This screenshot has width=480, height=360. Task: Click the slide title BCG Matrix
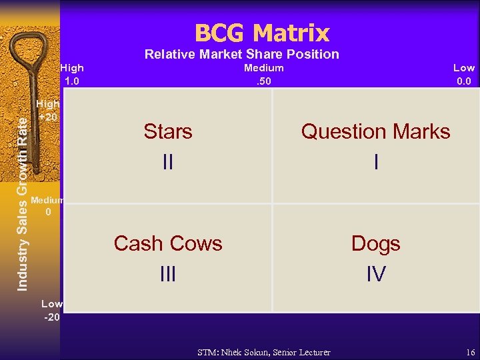[x=262, y=33]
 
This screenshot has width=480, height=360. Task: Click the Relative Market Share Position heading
[x=241, y=54]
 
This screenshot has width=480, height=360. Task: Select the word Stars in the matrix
[x=168, y=131]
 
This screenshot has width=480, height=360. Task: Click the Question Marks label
[x=375, y=131]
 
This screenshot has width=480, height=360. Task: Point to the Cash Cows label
[x=168, y=243]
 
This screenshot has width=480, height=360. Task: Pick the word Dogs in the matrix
[x=375, y=243]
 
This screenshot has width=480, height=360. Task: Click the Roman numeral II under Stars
[x=168, y=161]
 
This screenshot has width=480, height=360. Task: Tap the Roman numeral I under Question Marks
[x=376, y=161]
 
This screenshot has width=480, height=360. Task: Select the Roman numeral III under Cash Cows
[x=168, y=273]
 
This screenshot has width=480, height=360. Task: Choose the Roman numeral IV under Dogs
[x=376, y=273]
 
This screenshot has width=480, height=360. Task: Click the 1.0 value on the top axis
[x=71, y=81]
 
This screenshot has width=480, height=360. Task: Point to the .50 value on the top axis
[x=263, y=81]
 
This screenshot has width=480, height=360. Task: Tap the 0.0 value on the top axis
[x=464, y=81]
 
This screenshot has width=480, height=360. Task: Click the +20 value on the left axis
[x=48, y=116]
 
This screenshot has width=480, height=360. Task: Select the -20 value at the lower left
[x=52, y=317]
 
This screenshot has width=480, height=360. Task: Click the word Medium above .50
[x=263, y=67]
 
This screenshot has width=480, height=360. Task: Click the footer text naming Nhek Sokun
[x=264, y=351]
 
